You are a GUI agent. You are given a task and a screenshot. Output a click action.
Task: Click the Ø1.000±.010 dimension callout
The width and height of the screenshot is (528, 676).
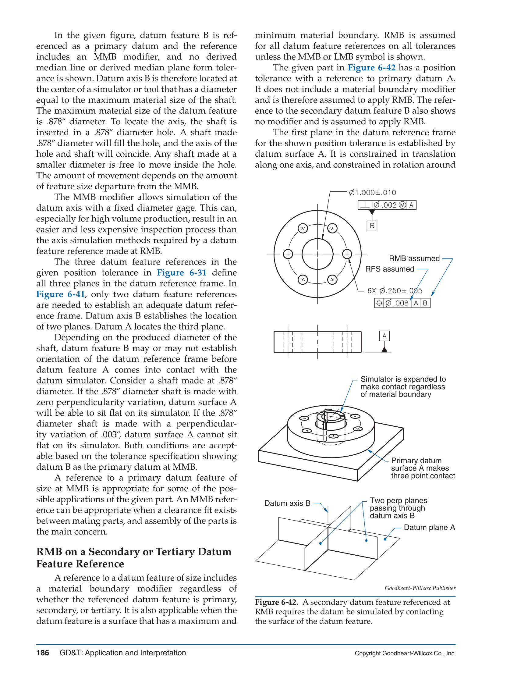pos(372,193)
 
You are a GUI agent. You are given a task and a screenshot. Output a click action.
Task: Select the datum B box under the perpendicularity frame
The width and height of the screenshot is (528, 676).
pos(372,226)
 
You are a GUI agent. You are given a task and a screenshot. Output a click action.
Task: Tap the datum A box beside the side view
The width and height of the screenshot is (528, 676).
pos(384,336)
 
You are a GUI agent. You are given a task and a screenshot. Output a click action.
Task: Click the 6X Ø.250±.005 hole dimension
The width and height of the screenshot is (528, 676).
pos(395,291)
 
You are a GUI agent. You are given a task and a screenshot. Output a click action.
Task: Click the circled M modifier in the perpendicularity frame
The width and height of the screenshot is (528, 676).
pos(402,205)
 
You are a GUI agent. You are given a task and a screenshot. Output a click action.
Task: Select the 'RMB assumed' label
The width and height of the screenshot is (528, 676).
pos(414,258)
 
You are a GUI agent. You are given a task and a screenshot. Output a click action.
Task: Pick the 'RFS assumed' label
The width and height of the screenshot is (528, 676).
pos(390,269)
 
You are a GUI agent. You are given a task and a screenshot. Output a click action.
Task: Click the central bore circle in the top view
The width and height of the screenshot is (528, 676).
pos(317,254)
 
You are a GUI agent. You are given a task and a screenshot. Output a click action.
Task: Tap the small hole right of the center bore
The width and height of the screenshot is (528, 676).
pos(347,254)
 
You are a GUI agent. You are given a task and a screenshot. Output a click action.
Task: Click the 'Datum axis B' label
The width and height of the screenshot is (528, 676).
pos(287,503)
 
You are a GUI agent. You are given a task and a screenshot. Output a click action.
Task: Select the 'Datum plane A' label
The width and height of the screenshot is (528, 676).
pos(429,528)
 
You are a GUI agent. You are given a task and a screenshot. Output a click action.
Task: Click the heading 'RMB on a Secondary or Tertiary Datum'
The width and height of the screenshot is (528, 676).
pos(134,552)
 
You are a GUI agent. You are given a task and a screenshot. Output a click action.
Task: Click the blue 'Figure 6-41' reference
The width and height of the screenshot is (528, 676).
pos(60,294)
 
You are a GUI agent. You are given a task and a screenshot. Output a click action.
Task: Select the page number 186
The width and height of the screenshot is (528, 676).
pos(42,653)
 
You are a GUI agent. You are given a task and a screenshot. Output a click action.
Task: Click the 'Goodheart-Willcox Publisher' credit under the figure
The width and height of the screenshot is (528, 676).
pos(420,588)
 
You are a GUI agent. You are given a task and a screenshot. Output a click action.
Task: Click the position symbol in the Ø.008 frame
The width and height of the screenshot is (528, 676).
pos(379,303)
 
